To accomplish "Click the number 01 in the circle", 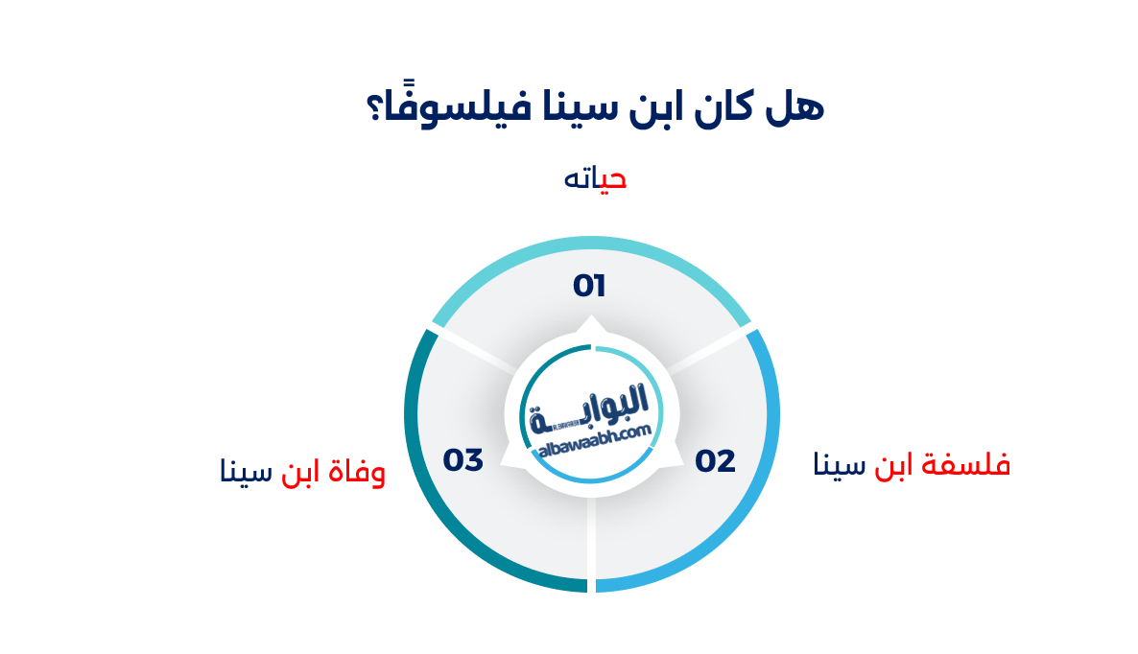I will [x=589, y=286].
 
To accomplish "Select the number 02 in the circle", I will [x=716, y=461].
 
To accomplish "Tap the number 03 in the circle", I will [x=462, y=460].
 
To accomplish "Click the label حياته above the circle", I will [x=595, y=179].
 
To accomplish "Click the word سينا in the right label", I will [x=840, y=466].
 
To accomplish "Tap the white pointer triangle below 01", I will [x=591, y=323].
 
